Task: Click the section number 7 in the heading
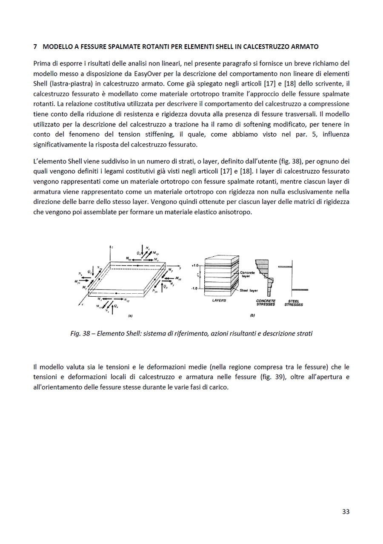click(x=35, y=46)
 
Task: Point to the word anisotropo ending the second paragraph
click(x=236, y=211)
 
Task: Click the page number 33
click(x=346, y=511)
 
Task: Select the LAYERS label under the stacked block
click(x=219, y=301)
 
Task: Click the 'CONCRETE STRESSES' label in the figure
click(x=266, y=303)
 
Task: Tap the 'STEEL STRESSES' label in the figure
click(x=294, y=303)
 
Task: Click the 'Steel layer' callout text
click(x=249, y=290)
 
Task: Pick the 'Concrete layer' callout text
click(x=247, y=274)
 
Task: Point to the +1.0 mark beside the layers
click(x=195, y=265)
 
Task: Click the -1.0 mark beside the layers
click(x=195, y=289)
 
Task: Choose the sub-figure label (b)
click(x=252, y=316)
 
